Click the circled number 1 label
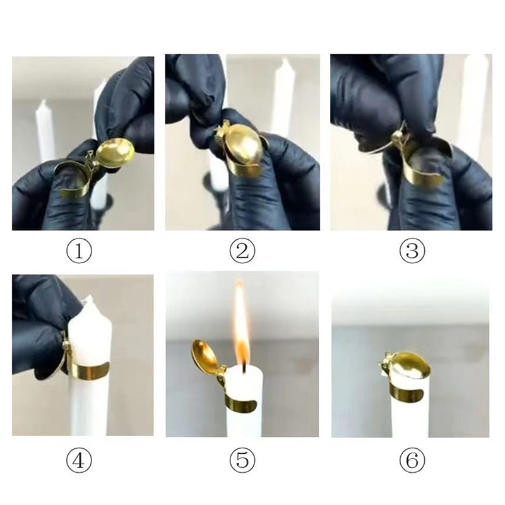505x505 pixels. coord(80,251)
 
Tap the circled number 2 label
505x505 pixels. coord(242,251)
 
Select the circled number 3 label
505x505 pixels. coord(412,251)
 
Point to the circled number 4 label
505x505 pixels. coord(80,461)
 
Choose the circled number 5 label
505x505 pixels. coord(242,461)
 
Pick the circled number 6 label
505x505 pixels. coord(412,461)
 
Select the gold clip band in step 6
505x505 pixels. coord(404,390)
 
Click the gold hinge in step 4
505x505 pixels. coord(66,342)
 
